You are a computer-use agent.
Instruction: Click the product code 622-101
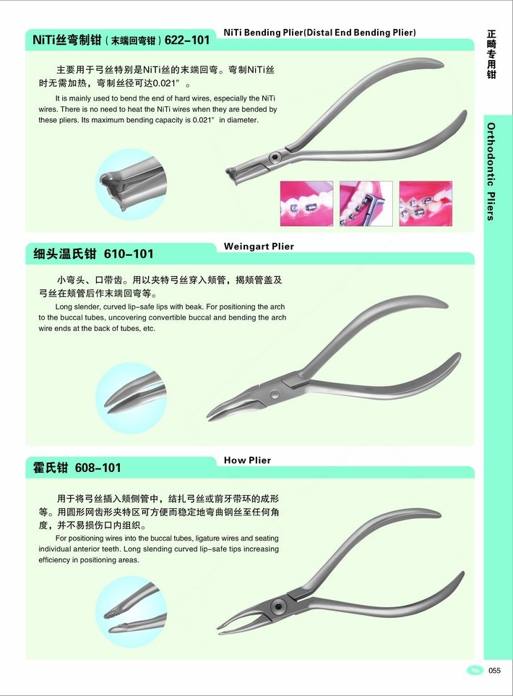[187, 40]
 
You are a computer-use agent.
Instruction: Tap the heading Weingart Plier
[259, 246]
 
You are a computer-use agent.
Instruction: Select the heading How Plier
[247, 460]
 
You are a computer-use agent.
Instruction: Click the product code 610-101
[129, 254]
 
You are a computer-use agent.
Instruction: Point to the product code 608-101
[98, 468]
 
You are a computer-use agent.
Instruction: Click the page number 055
[494, 670]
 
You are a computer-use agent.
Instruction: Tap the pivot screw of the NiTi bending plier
[275, 157]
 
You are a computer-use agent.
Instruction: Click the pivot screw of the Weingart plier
[275, 394]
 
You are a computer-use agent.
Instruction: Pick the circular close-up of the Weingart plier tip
[132, 398]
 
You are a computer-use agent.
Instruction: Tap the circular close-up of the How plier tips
[132, 611]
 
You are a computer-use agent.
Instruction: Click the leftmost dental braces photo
[306, 204]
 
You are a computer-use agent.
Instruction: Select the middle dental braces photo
[366, 204]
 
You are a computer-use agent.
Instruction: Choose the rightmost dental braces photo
[426, 204]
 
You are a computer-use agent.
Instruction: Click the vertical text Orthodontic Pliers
[491, 172]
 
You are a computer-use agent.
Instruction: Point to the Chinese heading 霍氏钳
[51, 468]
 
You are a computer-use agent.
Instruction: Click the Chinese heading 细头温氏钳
[65, 254]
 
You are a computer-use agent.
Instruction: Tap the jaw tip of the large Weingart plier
[209, 417]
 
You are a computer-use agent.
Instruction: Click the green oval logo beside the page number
[475, 670]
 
